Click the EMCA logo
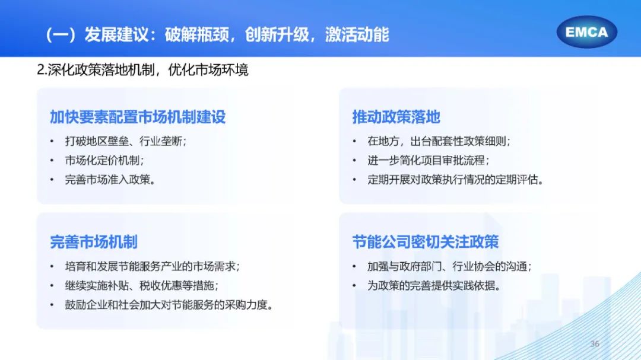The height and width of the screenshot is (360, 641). point(586,32)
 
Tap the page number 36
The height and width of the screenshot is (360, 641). point(595,343)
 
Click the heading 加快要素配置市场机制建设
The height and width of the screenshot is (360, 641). point(138,117)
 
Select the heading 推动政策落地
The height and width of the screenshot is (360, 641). point(396,117)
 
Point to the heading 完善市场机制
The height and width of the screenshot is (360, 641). point(94,242)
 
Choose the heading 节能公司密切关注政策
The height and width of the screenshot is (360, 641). point(426,242)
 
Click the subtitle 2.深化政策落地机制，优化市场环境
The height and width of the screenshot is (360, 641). point(142,70)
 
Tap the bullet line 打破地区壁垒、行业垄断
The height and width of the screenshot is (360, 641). point(126,141)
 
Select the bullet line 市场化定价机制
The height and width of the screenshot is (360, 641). point(104,160)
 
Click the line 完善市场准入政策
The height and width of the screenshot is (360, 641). point(110,179)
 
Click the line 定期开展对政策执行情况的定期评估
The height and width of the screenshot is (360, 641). point(455,179)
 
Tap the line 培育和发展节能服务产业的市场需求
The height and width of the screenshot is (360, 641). point(153,266)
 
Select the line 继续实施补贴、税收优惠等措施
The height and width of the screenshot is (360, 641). point(142,285)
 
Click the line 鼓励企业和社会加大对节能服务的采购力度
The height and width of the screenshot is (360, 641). point(169,304)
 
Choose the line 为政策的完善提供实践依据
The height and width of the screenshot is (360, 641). point(434,285)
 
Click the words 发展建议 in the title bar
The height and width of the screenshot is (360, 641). point(116,34)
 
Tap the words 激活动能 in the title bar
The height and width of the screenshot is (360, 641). point(357,34)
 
